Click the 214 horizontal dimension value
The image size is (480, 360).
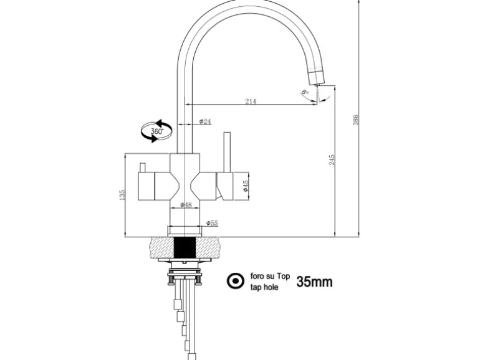point(251,101)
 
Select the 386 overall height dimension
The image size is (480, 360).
point(357,120)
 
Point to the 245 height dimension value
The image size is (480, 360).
point(332,160)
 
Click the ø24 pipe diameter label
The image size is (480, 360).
point(204,121)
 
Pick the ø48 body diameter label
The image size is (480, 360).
point(186,204)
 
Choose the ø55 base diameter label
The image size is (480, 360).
point(213,222)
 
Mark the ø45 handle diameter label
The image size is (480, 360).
point(245,186)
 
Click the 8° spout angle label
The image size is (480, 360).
point(304,93)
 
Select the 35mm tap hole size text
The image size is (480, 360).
point(314,282)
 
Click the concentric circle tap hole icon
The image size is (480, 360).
point(236,282)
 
